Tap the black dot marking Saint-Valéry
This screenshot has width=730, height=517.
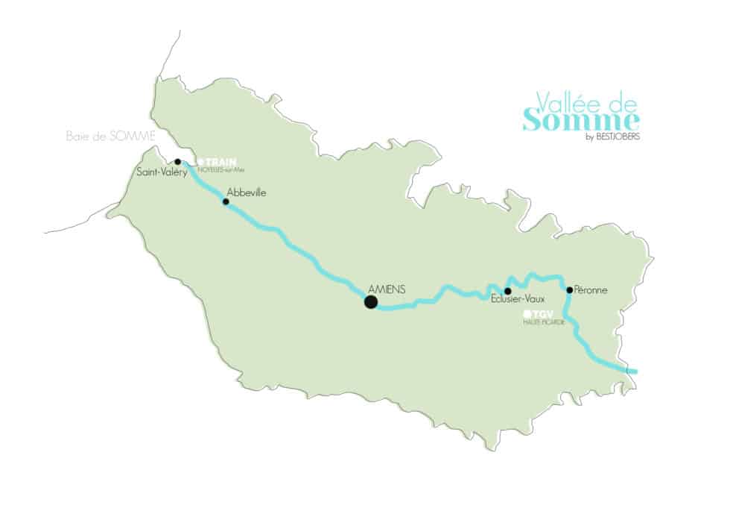(177, 162)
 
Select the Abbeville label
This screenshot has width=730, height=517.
(246, 192)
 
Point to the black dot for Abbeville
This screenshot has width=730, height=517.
(226, 201)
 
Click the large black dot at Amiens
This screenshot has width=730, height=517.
(370, 301)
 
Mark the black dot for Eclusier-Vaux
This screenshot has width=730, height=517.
(507, 291)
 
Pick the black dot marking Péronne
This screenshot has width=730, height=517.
(570, 289)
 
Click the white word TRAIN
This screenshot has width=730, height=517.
(216, 162)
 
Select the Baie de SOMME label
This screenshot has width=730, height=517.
(110, 136)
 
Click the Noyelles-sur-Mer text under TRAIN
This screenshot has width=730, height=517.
(221, 169)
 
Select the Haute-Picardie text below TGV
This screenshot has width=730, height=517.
(540, 322)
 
